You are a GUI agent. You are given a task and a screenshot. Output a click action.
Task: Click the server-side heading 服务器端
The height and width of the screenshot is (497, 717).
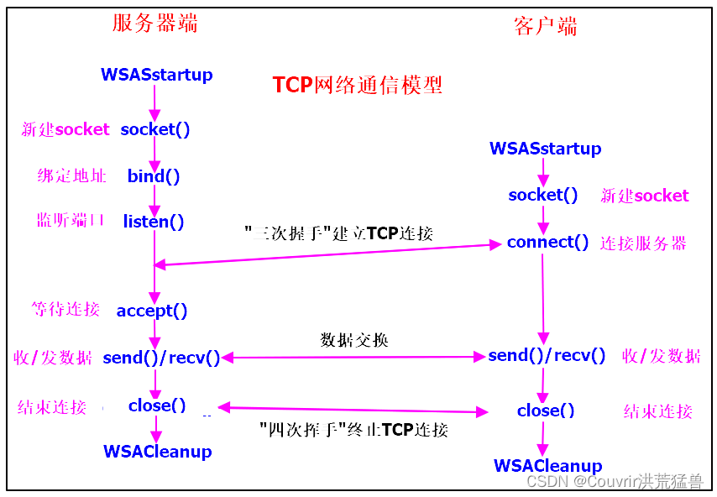point(155,23)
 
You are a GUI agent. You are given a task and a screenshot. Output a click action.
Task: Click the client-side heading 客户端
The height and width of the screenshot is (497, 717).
point(545,27)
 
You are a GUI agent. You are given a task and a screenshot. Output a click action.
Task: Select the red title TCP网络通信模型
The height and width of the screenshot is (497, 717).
point(357,85)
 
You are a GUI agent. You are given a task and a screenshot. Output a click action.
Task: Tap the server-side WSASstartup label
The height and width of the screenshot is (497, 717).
point(157,75)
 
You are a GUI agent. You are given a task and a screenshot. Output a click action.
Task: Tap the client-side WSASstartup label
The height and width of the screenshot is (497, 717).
point(545,149)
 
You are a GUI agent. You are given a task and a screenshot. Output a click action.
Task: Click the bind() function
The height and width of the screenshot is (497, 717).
point(154,176)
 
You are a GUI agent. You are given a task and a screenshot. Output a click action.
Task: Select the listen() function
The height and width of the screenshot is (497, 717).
point(154,222)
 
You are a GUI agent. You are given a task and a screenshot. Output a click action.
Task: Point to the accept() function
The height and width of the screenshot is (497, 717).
point(152,311)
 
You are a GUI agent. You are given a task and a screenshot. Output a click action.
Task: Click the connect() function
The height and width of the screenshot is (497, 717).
point(547,243)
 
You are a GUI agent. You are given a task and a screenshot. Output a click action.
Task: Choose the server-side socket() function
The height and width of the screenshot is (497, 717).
point(155,129)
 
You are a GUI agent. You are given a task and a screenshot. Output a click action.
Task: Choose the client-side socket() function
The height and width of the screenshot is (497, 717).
point(543,195)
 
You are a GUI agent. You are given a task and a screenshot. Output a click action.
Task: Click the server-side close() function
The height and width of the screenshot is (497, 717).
point(157,405)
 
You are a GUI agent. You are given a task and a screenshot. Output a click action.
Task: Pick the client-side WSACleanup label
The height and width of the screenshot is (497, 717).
point(547,466)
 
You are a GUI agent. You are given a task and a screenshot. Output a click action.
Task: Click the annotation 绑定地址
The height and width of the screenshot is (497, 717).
point(72,176)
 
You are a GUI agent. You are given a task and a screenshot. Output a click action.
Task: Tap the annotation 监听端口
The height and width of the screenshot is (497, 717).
point(71,221)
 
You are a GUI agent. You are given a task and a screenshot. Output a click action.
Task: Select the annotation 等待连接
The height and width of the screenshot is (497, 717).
point(65,309)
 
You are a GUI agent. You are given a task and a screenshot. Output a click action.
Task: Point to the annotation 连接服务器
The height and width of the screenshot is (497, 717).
point(643,243)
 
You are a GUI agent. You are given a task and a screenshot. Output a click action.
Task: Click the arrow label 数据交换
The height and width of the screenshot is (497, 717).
point(354,340)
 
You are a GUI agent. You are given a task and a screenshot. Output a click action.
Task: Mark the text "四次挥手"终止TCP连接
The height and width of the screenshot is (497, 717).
point(353,430)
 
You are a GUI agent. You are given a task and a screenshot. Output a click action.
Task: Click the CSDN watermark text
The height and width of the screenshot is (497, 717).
point(615,482)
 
